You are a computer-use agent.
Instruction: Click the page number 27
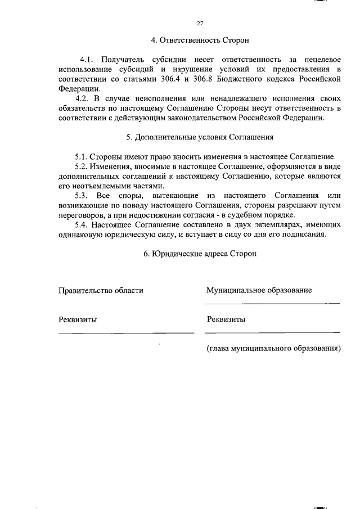[x=200, y=23]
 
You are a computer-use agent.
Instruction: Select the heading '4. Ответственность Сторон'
[x=200, y=41]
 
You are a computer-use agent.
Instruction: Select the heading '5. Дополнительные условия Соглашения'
[x=200, y=137]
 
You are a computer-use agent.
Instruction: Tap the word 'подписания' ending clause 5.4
[x=305, y=234]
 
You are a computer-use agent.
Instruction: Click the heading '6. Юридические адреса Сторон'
[x=200, y=254]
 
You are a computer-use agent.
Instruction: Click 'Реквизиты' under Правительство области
[x=78, y=319]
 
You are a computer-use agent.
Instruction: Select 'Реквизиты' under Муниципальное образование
[x=226, y=319]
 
